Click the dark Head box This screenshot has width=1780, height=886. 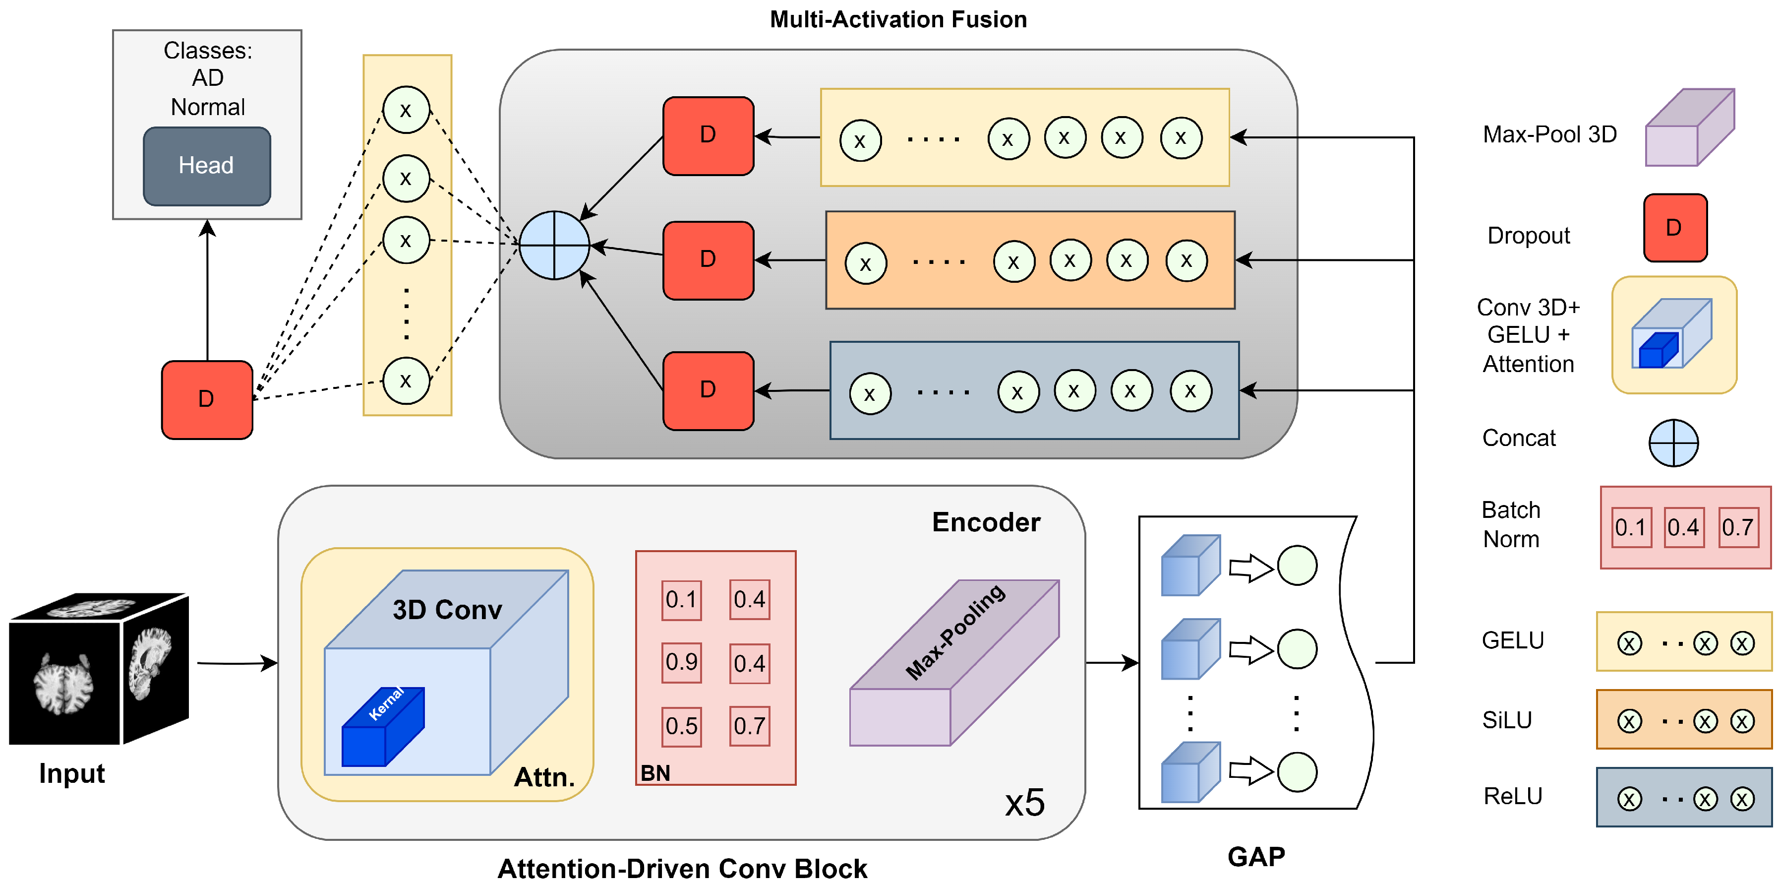click(207, 166)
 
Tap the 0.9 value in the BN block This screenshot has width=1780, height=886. click(681, 662)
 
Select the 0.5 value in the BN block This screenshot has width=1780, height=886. click(681, 726)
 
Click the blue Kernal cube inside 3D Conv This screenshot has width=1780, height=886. click(383, 727)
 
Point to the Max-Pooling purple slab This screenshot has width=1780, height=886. click(953, 663)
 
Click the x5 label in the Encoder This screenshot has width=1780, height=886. click(1024, 803)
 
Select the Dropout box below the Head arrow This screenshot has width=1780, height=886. click(207, 399)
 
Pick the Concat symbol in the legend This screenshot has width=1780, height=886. click(1673, 443)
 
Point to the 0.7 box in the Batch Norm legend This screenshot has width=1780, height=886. click(1738, 527)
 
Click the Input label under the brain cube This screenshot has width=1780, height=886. click(72, 773)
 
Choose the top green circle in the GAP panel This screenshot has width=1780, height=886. click(1297, 566)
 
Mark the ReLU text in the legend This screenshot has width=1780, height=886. click(1513, 796)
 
